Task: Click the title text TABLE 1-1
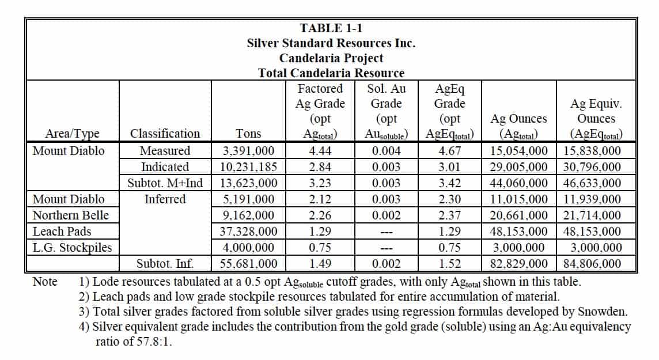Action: click(331, 28)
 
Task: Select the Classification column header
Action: click(165, 134)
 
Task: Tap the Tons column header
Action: click(248, 134)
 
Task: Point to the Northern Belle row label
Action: click(70, 215)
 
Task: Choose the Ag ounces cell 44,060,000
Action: click(519, 183)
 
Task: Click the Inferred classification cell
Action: click(165, 199)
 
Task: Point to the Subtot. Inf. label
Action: click(165, 264)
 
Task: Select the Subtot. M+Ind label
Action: click(165, 183)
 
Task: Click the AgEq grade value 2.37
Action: click(449, 215)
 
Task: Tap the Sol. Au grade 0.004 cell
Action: click(385, 151)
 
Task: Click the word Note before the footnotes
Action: click(45, 282)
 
